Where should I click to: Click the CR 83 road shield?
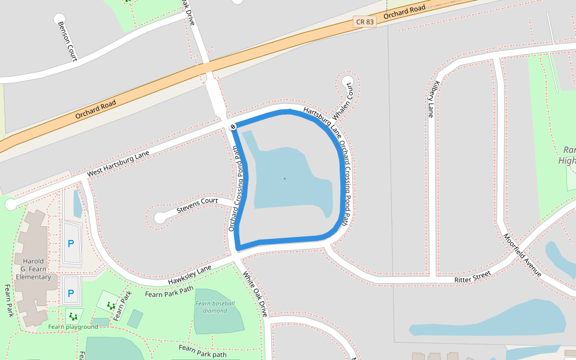[x=365, y=22]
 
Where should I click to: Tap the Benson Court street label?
[x=67, y=41]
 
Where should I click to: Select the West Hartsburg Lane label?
[x=118, y=164]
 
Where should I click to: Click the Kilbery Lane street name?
[x=433, y=99]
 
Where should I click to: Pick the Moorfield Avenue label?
[x=523, y=255]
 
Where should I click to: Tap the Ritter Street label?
[x=472, y=277]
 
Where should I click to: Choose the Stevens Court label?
[x=197, y=205]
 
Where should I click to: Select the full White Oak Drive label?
[x=254, y=295]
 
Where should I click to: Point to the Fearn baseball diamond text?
[x=215, y=307]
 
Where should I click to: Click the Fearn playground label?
[x=73, y=327]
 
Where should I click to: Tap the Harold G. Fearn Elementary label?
[x=33, y=269]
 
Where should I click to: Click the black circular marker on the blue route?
[x=233, y=127]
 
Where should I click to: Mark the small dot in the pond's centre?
[x=284, y=178]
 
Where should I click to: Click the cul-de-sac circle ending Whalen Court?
[x=347, y=82]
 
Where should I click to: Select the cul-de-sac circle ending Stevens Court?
[x=160, y=218]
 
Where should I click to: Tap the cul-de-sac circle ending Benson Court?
[x=59, y=19]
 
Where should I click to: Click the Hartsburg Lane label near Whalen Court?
[x=318, y=119]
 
